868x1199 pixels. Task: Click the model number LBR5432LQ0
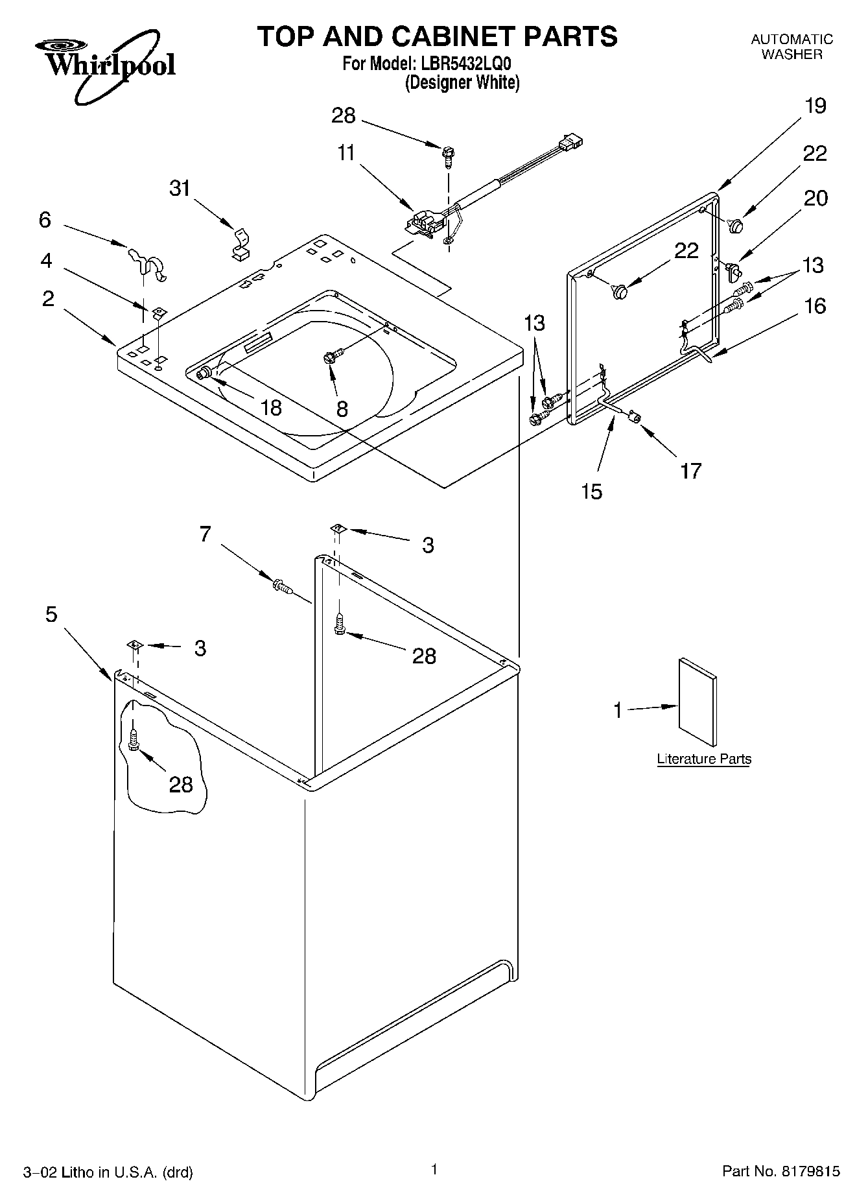point(466,64)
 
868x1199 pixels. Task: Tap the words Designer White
point(462,83)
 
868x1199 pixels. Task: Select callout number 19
point(815,106)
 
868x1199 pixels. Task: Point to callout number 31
point(180,188)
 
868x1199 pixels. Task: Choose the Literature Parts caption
point(703,759)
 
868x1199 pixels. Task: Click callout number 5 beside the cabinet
point(51,613)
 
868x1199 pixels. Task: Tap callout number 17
point(690,470)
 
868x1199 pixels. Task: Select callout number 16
point(815,305)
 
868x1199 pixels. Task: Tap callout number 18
point(271,407)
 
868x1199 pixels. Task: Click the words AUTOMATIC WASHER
point(792,47)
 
